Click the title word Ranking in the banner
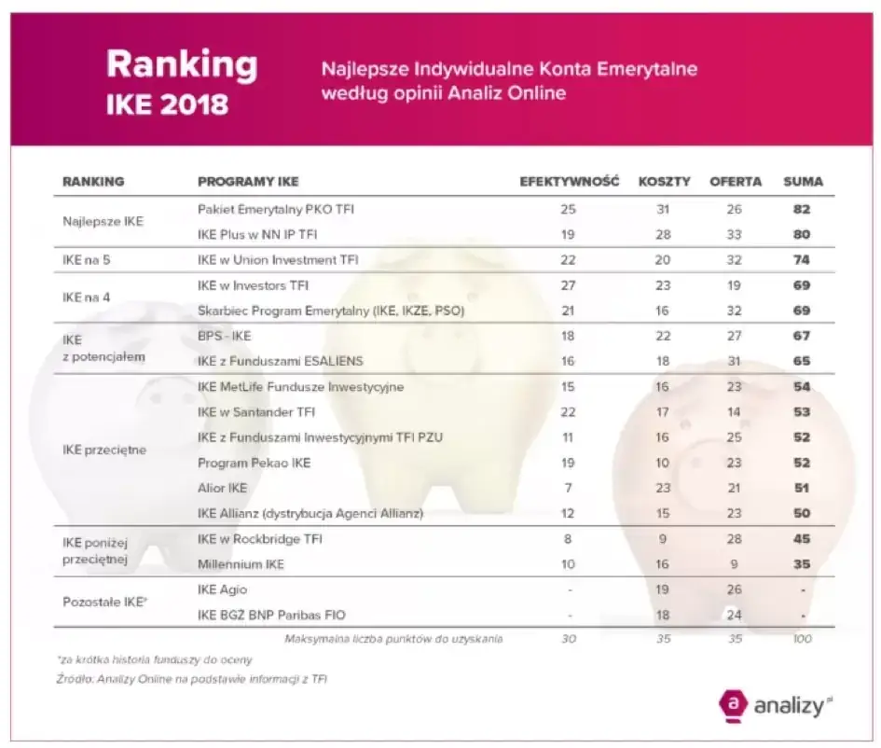pyautogui.click(x=181, y=63)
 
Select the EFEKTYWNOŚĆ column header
pyautogui.click(x=569, y=182)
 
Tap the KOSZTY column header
pyautogui.click(x=664, y=182)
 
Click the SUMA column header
pyautogui.click(x=803, y=182)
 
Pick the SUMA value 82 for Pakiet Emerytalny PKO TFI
pyautogui.click(x=802, y=210)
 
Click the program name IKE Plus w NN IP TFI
pyautogui.click(x=258, y=234)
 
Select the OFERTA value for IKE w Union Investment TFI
pyautogui.click(x=736, y=260)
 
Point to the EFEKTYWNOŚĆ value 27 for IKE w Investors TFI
pyautogui.click(x=569, y=285)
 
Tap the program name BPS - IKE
pyautogui.click(x=225, y=336)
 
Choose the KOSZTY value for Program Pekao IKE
pyautogui.click(x=664, y=463)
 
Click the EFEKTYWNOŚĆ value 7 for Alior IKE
pyautogui.click(x=569, y=488)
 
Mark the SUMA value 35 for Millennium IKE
pyautogui.click(x=802, y=564)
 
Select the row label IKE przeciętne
pyautogui.click(x=104, y=450)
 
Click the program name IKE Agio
pyautogui.click(x=222, y=589)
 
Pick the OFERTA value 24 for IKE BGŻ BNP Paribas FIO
pyautogui.click(x=736, y=615)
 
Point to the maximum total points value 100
pyautogui.click(x=802, y=639)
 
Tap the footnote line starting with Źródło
pyautogui.click(x=191, y=680)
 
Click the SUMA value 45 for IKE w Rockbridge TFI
pyautogui.click(x=802, y=539)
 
